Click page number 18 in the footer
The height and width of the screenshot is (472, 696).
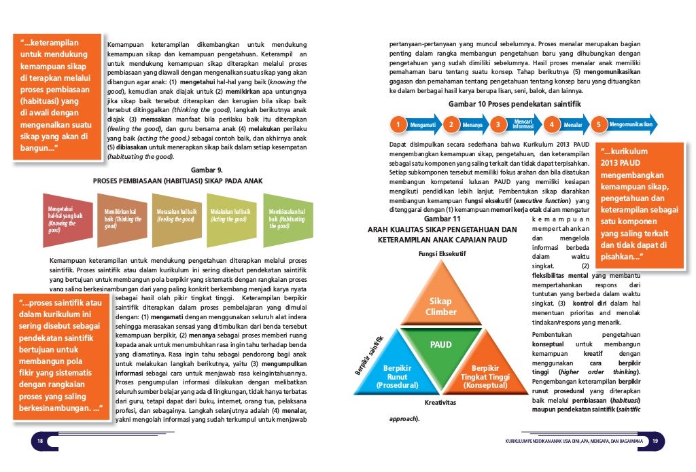[x=39, y=442]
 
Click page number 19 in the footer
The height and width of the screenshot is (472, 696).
[x=655, y=442]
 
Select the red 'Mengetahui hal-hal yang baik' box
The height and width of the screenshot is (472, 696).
[x=67, y=219]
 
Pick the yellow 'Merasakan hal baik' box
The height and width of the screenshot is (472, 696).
[x=178, y=219]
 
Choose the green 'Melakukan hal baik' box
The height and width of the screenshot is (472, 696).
[x=232, y=219]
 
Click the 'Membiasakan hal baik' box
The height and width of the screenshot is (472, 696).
[x=288, y=219]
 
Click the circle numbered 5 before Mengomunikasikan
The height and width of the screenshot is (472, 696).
[x=599, y=125]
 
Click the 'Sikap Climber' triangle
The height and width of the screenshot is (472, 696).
[x=441, y=306]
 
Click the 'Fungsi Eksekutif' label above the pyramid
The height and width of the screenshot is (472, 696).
[x=440, y=255]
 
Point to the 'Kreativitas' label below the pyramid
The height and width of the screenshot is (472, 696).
[x=440, y=403]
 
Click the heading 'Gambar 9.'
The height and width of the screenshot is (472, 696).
[x=204, y=170]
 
